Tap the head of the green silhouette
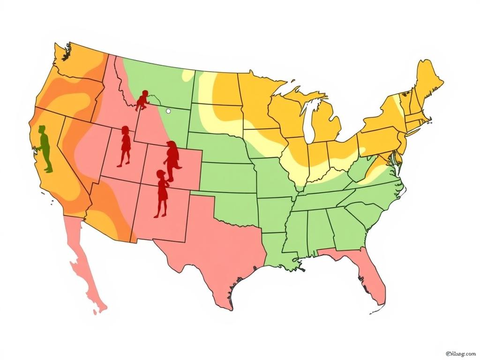point(42,129)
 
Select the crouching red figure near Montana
point(142,100)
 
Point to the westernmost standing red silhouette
point(125,146)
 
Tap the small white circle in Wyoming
point(168,111)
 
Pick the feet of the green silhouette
point(48,170)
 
